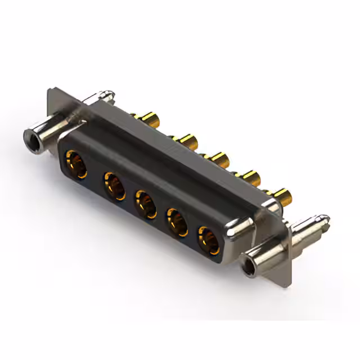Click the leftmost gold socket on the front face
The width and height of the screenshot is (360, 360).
coord(76,164)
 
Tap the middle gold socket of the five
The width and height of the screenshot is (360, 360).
coord(146,204)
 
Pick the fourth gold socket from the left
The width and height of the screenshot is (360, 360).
coord(178,222)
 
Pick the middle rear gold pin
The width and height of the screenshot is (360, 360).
coord(217,159)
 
